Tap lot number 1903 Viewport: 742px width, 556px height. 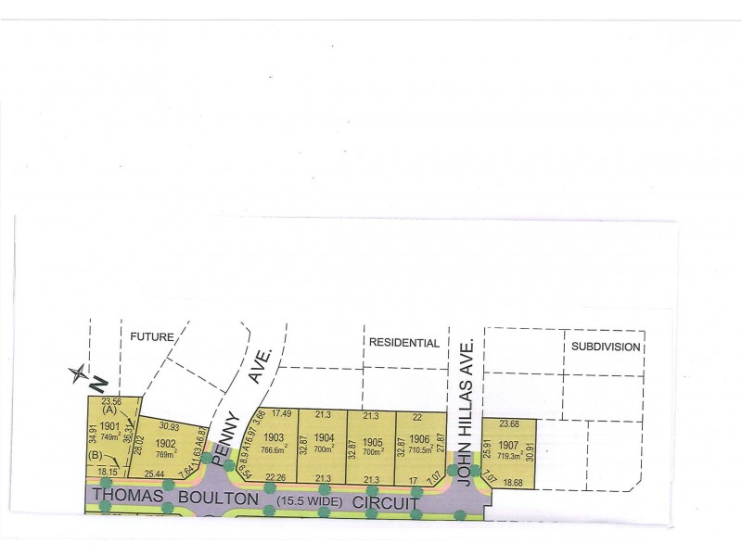273,436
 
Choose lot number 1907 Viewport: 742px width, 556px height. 508,444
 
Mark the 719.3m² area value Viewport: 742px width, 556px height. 508,457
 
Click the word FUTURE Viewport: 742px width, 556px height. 152,337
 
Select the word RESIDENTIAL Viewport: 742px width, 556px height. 403,342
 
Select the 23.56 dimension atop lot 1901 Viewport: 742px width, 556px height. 111,403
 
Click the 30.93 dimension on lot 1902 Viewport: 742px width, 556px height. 169,425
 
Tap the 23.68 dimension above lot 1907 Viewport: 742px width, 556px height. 509,425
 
